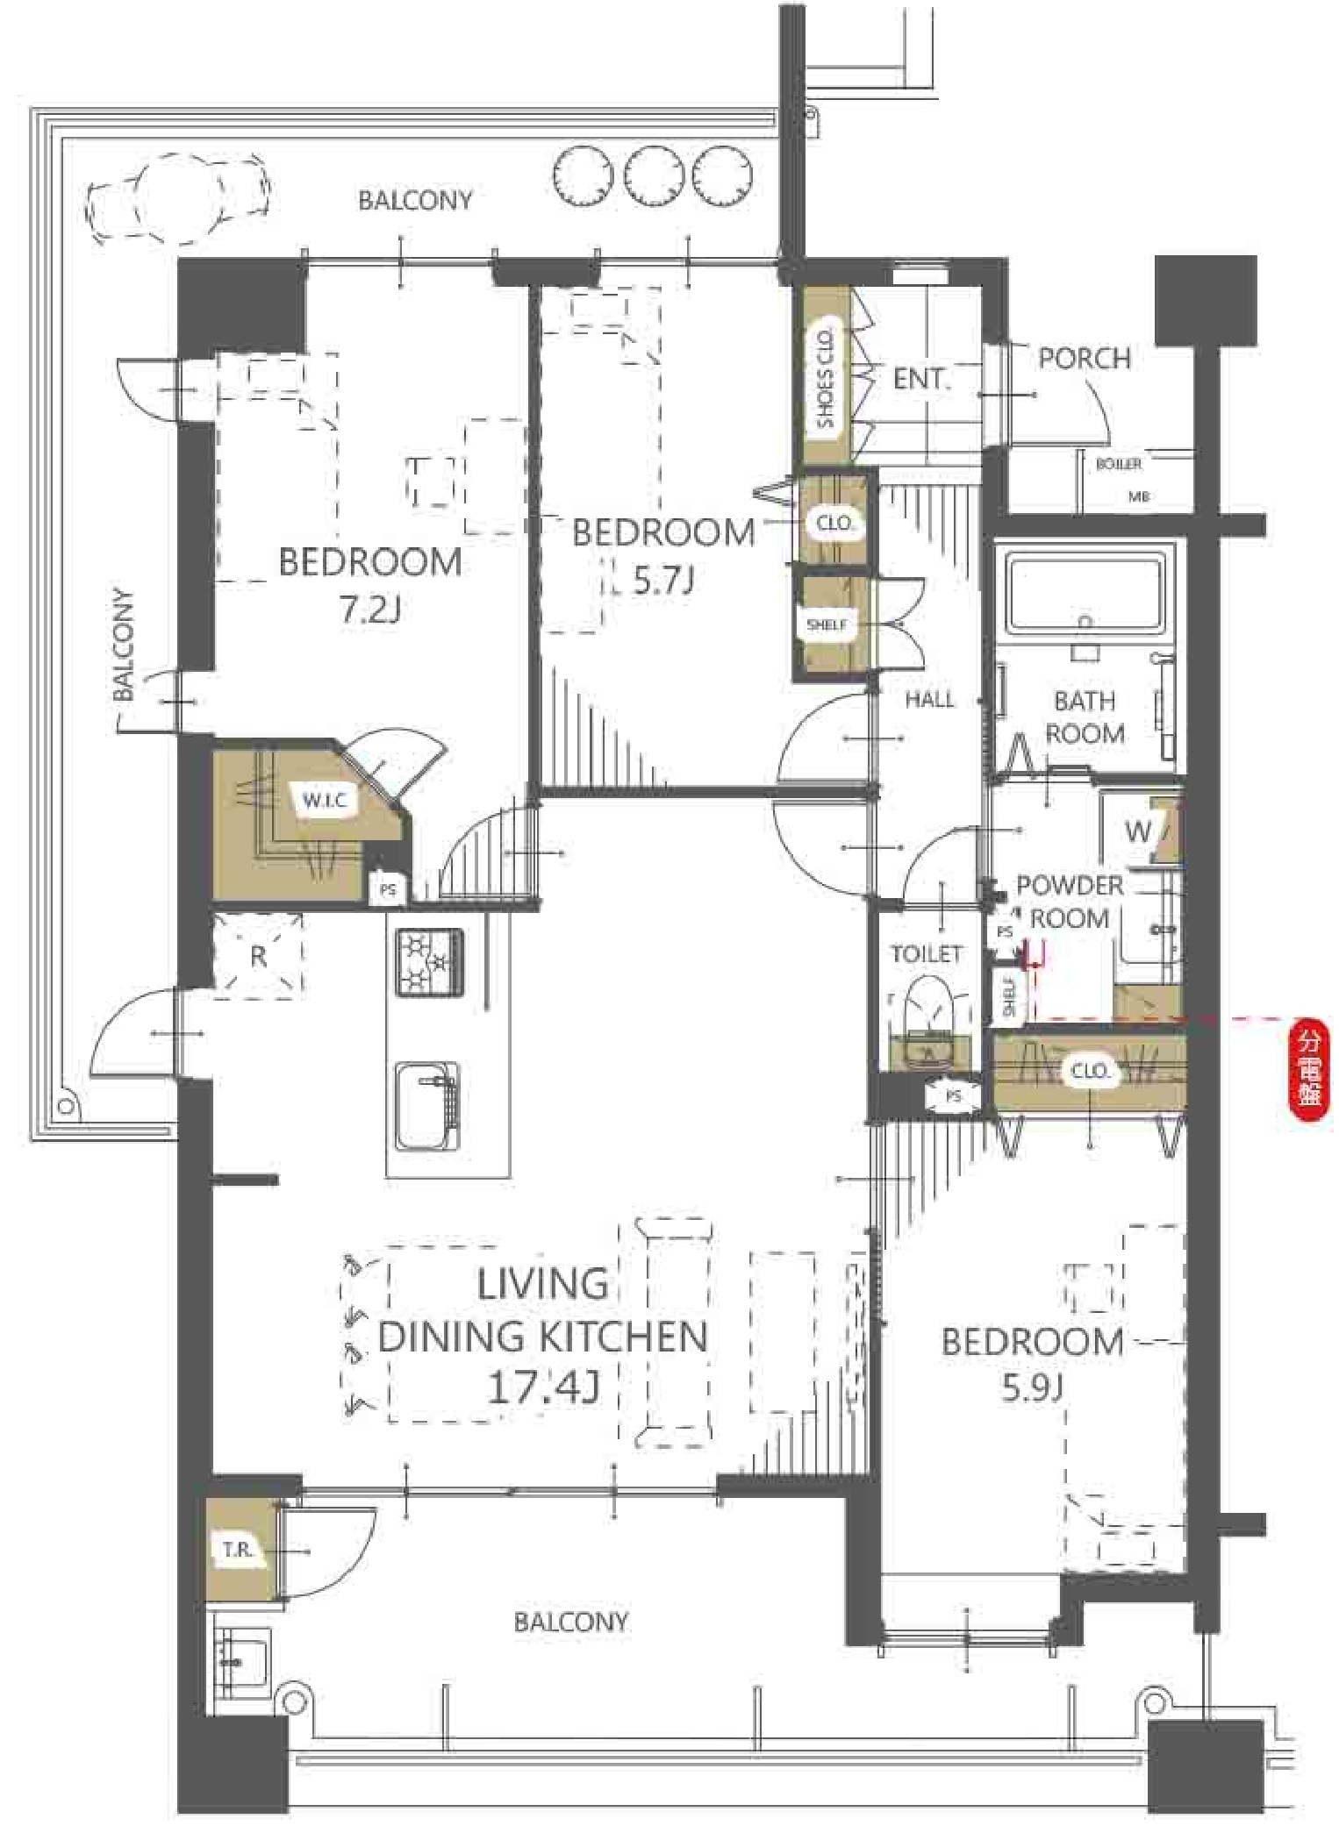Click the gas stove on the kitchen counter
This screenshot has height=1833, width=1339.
tap(430, 961)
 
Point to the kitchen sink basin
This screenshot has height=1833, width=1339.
tap(427, 1106)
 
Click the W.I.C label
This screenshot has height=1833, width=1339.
tap(325, 801)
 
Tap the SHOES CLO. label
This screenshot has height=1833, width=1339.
tap(825, 379)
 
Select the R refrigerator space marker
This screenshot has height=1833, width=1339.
tap(258, 956)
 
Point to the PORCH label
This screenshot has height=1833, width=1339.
tap(1085, 358)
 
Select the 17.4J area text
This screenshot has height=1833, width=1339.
tap(543, 1388)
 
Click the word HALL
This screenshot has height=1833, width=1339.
tap(929, 699)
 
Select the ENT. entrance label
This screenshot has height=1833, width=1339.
tap(921, 379)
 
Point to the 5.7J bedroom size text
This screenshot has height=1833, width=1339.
tap(664, 580)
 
